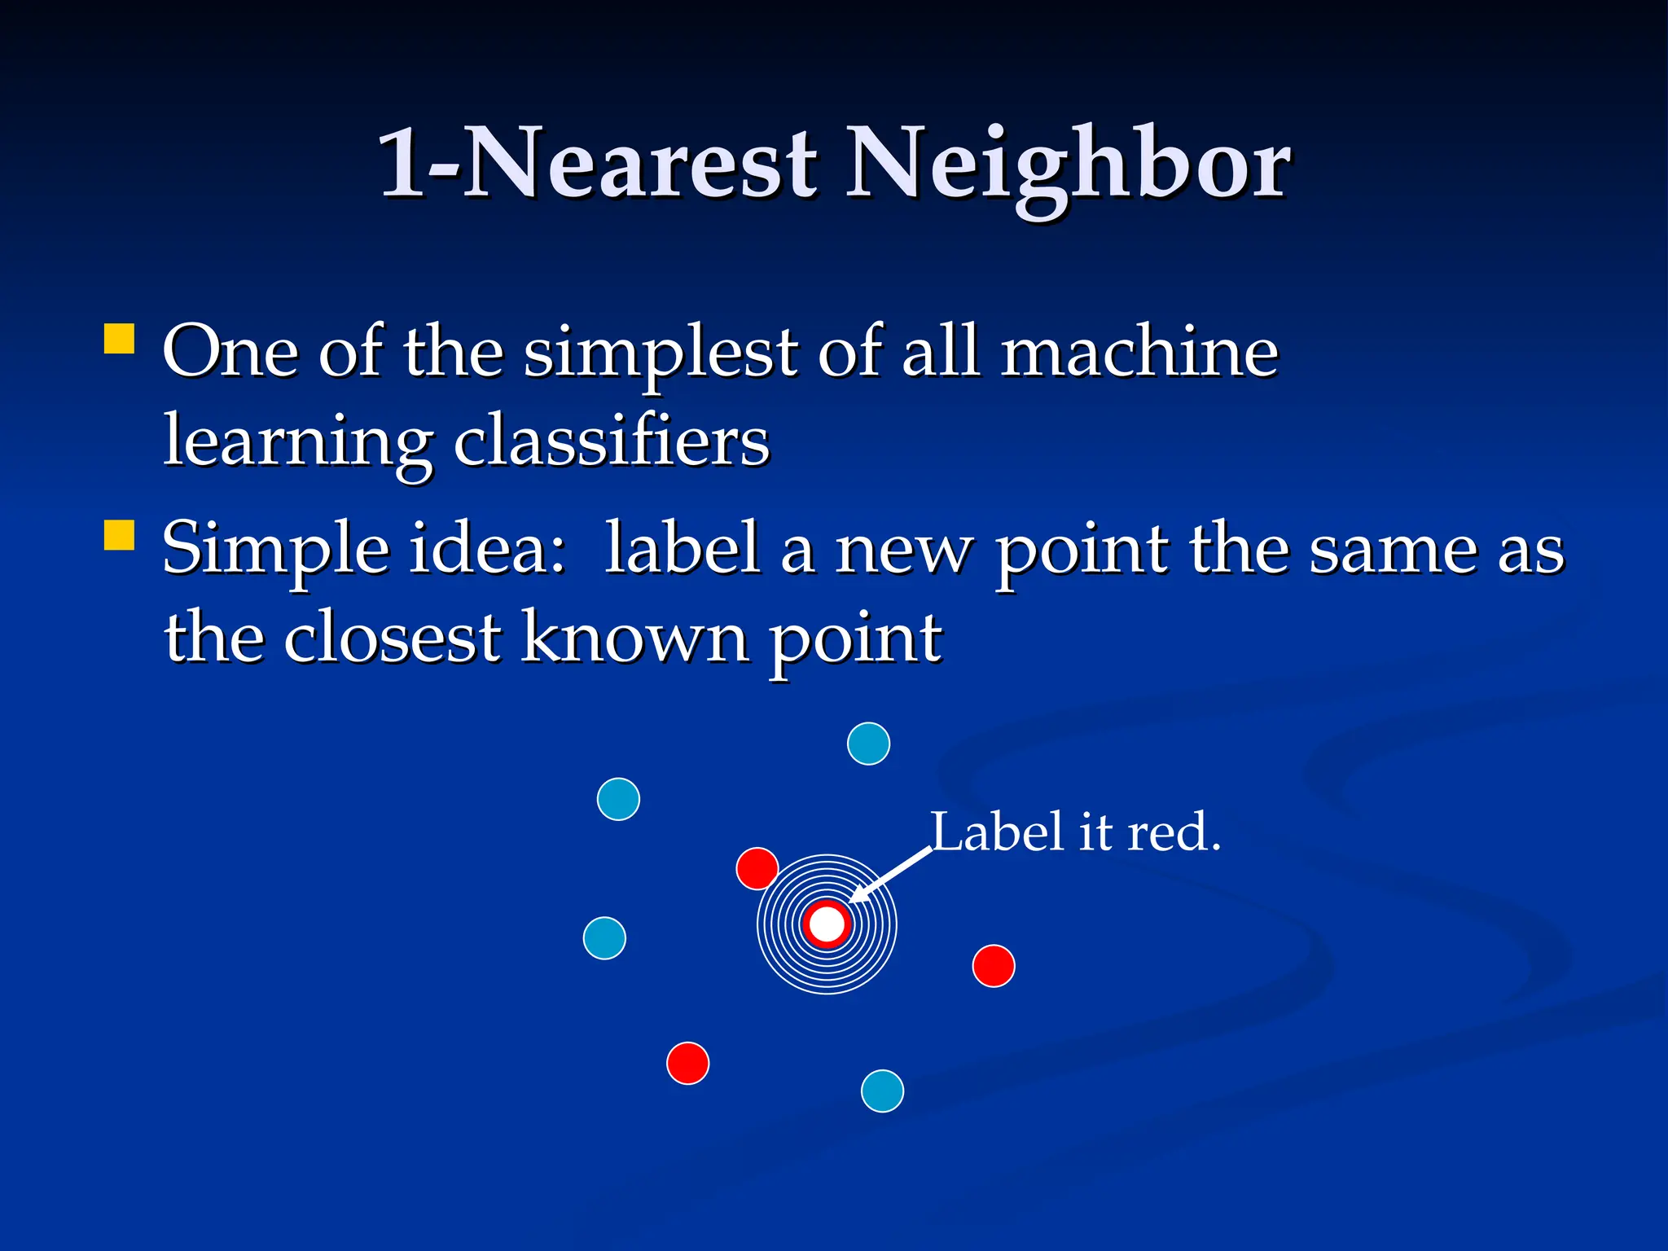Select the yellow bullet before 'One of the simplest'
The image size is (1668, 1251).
pos(120,339)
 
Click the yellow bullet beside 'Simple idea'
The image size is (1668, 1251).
pos(120,536)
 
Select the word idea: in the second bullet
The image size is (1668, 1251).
pos(486,549)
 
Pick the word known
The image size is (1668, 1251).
pos(634,638)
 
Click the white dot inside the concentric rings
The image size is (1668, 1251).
pos(827,924)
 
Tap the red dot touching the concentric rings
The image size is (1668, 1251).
pos(757,868)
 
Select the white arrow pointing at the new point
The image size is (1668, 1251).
pos(890,875)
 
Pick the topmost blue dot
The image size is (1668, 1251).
pos(868,744)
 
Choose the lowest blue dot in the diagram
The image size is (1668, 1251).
pos(882,1091)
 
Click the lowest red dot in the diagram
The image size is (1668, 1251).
pos(687,1063)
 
